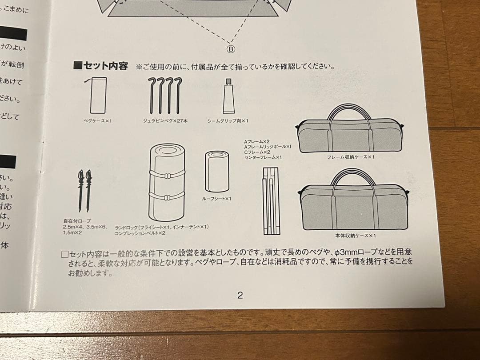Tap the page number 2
pyautogui.click(x=240, y=295)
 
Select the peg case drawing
pyautogui.click(x=98, y=95)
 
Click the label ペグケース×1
pyautogui.click(x=97, y=120)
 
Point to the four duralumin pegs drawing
pyautogui.click(x=165, y=95)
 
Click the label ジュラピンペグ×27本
pyautogui.click(x=165, y=120)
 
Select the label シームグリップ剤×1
pyautogui.click(x=228, y=120)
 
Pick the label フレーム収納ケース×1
pyautogui.click(x=351, y=157)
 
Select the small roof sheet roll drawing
pyautogui.click(x=216, y=171)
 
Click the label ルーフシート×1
pyautogui.click(x=216, y=199)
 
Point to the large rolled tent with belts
pyautogui.click(x=167, y=182)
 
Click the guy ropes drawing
pyautogui.click(x=84, y=190)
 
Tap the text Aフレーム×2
pyautogui.click(x=257, y=141)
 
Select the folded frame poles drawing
pyautogui.click(x=270, y=201)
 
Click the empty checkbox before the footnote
pyautogui.click(x=64, y=255)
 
